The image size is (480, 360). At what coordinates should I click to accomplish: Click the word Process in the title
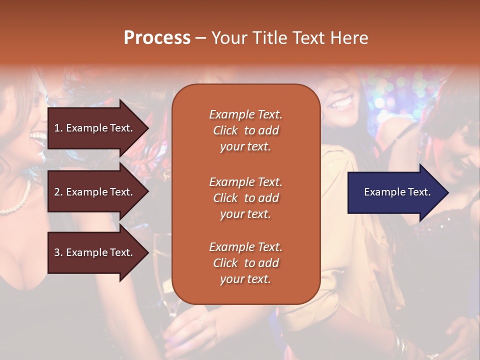pos(157,38)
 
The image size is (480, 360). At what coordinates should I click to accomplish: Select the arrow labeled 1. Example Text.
pos(95,128)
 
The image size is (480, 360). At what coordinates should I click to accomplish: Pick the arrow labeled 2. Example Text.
pos(95,192)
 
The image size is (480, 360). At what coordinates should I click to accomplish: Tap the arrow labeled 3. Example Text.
pos(95,252)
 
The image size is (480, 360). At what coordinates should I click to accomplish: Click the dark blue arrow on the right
pos(395,192)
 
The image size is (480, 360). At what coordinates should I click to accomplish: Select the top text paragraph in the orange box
pos(245,130)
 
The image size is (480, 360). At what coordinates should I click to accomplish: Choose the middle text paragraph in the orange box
pos(245,198)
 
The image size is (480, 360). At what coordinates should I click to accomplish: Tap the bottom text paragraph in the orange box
pos(245,263)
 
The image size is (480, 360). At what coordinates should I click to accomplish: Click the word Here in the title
pos(350,38)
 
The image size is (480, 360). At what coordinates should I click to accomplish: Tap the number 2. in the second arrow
pos(58,192)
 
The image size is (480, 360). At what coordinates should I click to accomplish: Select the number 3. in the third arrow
pos(58,252)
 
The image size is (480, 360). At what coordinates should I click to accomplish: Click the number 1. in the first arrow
pos(58,128)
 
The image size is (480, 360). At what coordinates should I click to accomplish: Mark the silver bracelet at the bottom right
pos(400,344)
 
